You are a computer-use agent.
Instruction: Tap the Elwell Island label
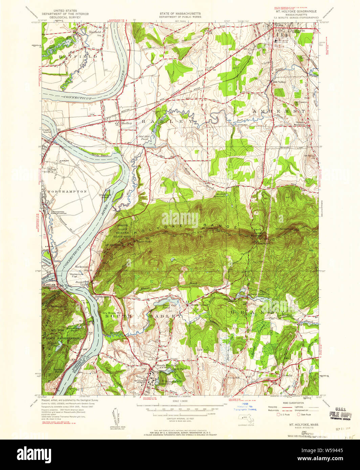pos(46,131)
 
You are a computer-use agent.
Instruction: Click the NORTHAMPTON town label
pos(67,191)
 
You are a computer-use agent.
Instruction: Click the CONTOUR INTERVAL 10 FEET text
pos(180,418)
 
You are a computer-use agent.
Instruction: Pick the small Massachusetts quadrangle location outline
pos(244,420)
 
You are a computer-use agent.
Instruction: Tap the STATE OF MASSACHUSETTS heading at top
pos(180,14)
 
